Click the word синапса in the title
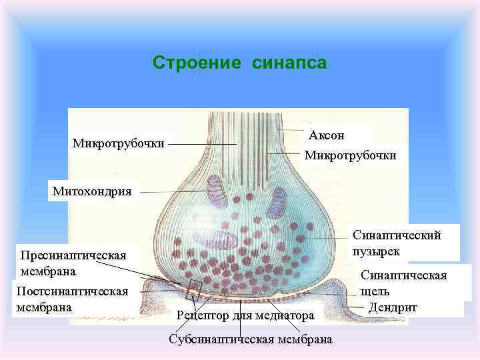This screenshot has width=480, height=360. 289,63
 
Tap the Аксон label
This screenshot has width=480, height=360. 327,135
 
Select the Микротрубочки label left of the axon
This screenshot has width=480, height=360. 119,143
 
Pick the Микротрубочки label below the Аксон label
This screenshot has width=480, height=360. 350,155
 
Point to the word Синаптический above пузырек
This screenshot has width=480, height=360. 397,235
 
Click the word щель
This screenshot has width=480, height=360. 375,291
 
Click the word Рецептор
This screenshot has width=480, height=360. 204,315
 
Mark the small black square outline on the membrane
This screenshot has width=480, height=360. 195,289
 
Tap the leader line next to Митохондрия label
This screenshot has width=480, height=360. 173,192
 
